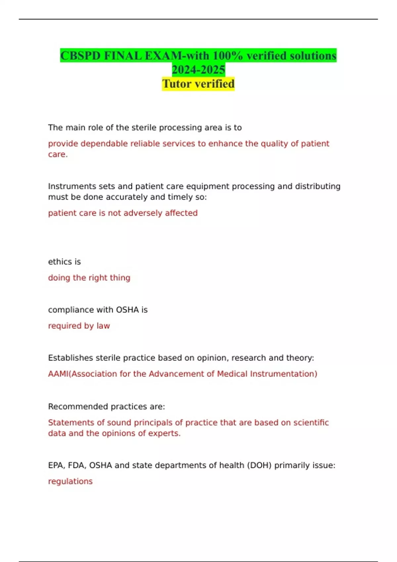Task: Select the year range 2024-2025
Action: pos(198,70)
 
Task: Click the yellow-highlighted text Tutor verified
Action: pos(198,84)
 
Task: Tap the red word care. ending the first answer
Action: pos(58,154)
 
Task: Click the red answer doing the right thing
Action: pos(89,278)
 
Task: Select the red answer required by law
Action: pos(79,326)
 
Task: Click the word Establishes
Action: pos(70,358)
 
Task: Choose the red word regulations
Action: pos(70,481)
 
